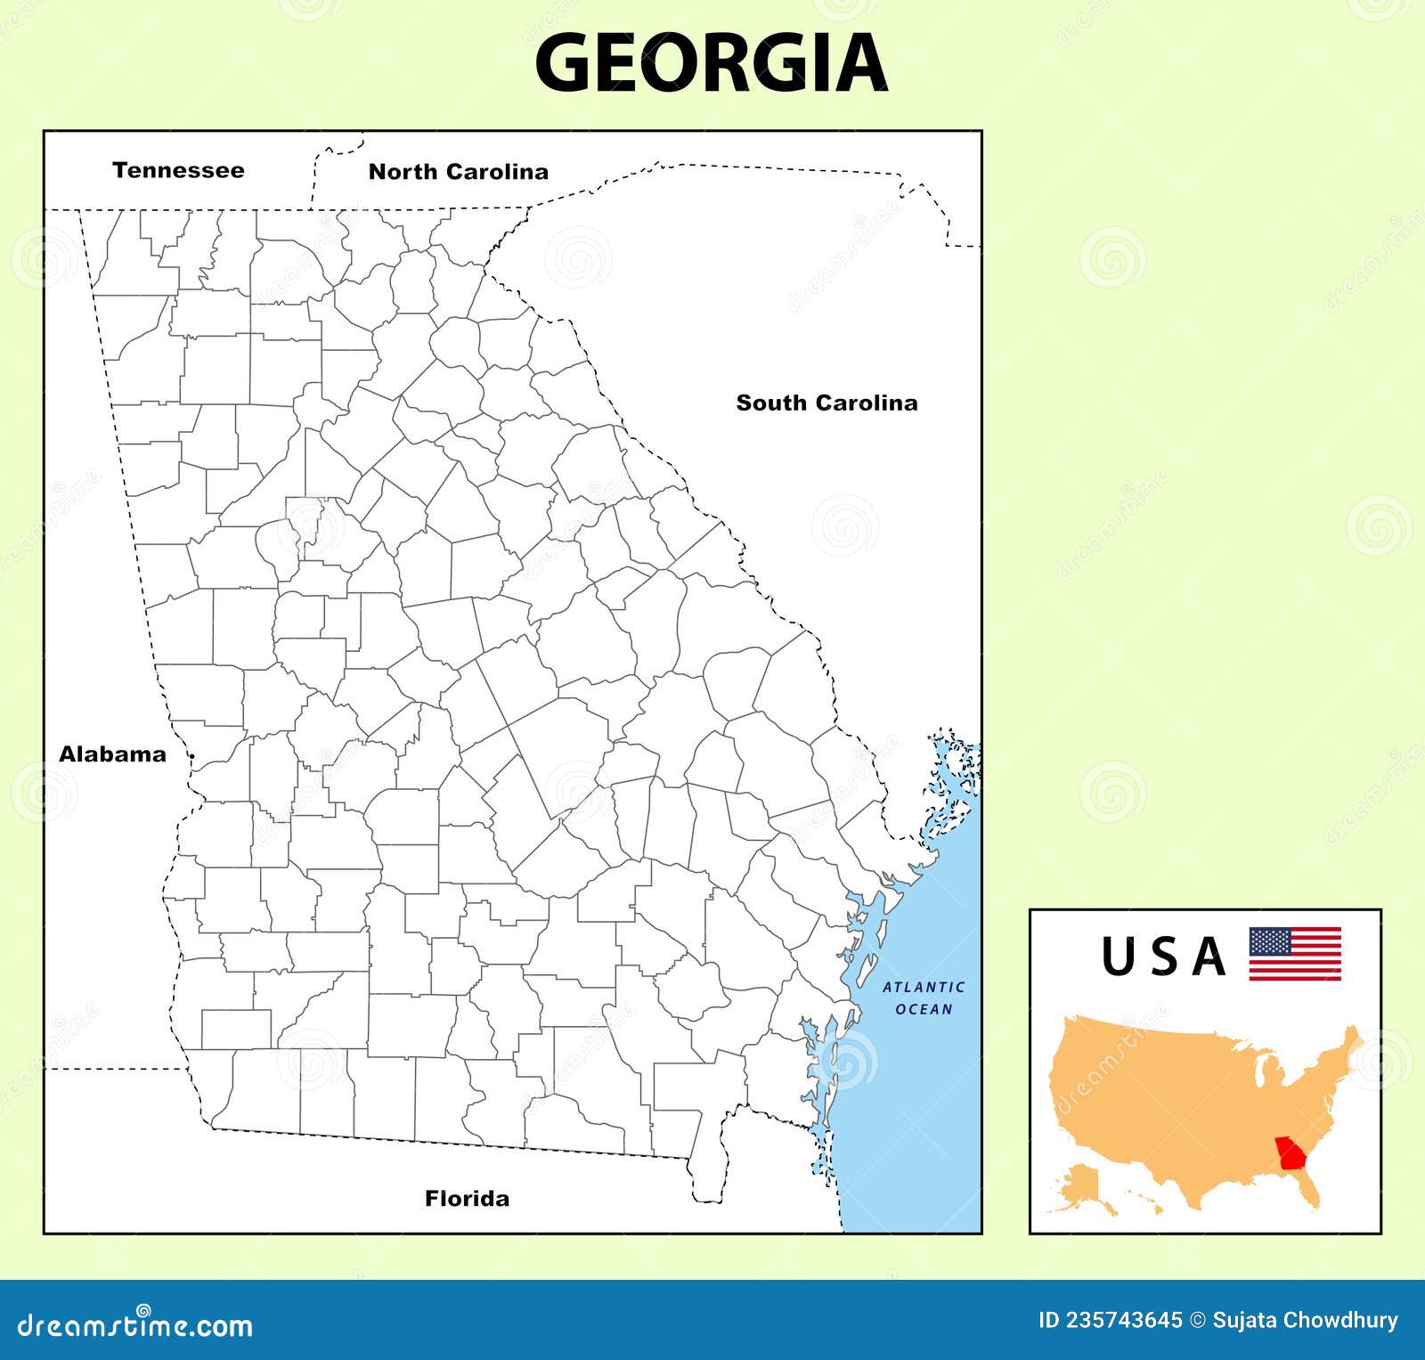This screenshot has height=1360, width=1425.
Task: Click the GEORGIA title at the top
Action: click(x=711, y=62)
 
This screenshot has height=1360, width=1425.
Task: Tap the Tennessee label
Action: click(x=178, y=170)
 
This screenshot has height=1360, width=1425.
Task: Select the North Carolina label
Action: click(x=459, y=172)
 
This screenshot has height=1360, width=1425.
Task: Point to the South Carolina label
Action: click(x=826, y=403)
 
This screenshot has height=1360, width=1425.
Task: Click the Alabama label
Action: click(x=112, y=754)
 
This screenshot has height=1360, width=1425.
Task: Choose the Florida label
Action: click(x=468, y=1198)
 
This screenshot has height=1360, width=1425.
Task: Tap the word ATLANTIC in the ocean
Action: click(x=924, y=987)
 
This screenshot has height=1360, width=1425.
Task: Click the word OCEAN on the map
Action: click(x=924, y=1009)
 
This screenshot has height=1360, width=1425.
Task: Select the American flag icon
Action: click(x=1295, y=954)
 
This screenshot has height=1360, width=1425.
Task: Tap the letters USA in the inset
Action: click(x=1163, y=957)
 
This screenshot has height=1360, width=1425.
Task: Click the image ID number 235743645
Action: click(x=1126, y=1320)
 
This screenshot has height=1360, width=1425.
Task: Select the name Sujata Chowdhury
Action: click(x=1306, y=1320)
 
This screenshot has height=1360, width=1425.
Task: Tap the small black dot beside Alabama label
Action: click(x=192, y=755)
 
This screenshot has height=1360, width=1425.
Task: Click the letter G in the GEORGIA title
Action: click(x=567, y=62)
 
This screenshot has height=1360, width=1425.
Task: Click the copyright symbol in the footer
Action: click(x=1198, y=1320)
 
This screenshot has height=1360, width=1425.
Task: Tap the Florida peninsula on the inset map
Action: click(x=1310, y=1189)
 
